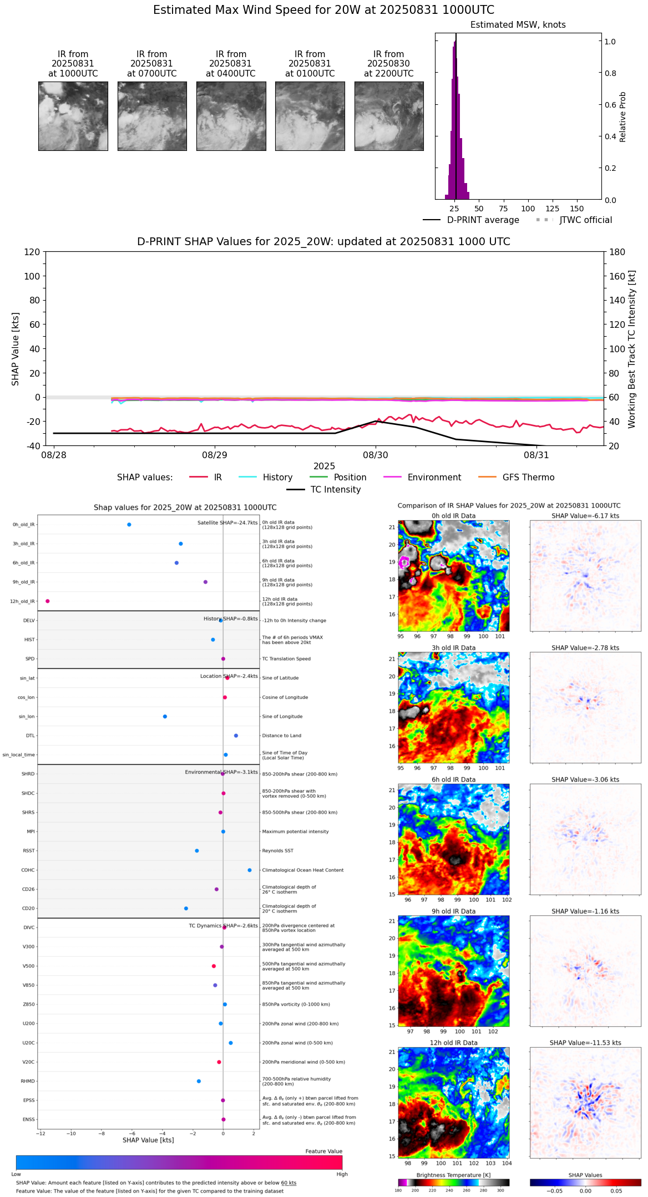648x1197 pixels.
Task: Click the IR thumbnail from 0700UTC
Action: [152, 116]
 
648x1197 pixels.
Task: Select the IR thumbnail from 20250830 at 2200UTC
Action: [389, 116]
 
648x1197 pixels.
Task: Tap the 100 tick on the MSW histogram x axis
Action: [528, 209]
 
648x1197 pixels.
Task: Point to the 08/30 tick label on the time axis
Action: [376, 455]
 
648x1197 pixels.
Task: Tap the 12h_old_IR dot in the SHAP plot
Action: [48, 601]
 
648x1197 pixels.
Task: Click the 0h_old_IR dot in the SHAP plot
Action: [129, 525]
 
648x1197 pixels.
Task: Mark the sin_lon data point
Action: [165, 717]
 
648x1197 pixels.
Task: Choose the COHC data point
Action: [250, 870]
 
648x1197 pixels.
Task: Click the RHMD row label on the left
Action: [28, 1081]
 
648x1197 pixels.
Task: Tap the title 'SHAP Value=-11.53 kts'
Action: [585, 1043]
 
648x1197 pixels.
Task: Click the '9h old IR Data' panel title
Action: [453, 911]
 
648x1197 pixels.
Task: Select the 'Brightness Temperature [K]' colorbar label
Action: [453, 1175]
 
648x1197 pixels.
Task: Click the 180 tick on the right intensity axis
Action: [617, 252]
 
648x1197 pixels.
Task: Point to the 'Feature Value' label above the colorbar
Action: [323, 1152]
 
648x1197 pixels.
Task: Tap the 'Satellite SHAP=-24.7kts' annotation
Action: [227, 523]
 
